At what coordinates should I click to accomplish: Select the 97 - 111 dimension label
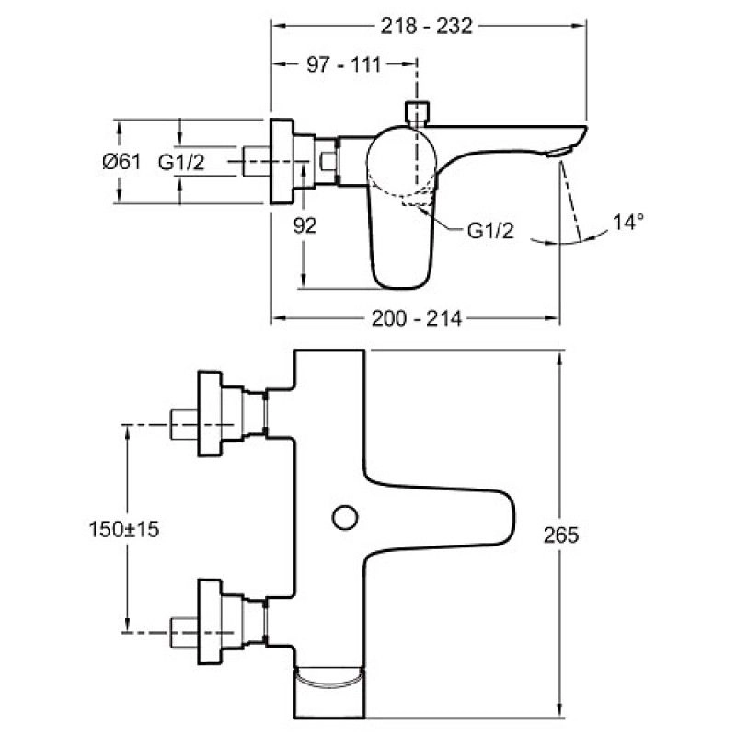pos(342,65)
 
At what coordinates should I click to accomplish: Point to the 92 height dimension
pos(305,225)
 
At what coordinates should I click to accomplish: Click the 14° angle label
pos(629,221)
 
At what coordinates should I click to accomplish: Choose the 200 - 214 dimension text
pos(415,318)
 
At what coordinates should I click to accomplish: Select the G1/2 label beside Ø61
pos(180,162)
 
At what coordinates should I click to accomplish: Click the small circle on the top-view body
pos(346,518)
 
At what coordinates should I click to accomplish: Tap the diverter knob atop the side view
pos(417,113)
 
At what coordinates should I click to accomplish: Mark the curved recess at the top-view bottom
pos(328,682)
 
